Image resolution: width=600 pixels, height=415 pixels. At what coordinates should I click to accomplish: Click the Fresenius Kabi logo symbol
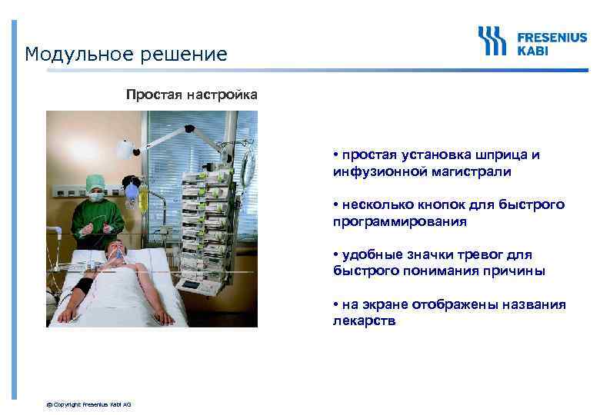[x=492, y=41]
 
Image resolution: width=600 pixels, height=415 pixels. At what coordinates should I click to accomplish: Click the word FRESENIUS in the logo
[x=552, y=35]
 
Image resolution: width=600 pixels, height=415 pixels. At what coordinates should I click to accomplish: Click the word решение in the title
[x=185, y=55]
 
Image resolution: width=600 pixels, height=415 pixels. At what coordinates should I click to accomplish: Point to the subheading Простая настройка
[x=192, y=95]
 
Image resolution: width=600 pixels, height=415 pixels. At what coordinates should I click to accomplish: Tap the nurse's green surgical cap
[x=95, y=181]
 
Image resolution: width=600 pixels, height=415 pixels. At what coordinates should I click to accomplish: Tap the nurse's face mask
[x=96, y=197]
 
